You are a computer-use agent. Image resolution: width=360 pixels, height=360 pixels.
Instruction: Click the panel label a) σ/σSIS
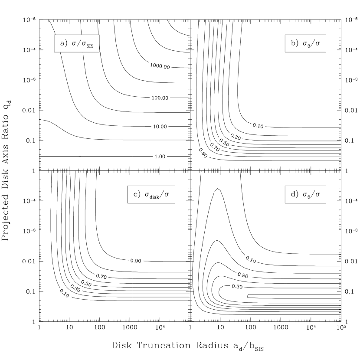[x=77, y=43]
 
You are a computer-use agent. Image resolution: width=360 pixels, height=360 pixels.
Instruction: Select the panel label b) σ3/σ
[x=305, y=43]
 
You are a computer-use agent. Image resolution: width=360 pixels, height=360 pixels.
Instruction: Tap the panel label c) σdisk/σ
[x=151, y=195]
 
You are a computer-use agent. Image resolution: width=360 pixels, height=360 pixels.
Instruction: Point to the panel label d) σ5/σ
[x=305, y=195]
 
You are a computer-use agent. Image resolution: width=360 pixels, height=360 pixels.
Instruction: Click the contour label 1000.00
[x=160, y=66]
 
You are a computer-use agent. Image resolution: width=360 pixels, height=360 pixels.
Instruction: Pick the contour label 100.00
[x=160, y=98]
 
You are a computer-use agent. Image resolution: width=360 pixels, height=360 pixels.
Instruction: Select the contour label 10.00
[x=160, y=127]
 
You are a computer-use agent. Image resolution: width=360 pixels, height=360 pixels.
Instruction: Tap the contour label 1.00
[x=160, y=157]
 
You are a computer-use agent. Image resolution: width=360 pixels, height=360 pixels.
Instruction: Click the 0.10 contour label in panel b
[x=258, y=126]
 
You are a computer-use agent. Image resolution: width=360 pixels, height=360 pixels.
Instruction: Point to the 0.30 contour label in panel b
[x=236, y=137]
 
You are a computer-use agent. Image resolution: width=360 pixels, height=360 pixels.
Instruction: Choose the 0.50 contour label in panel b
[x=224, y=142]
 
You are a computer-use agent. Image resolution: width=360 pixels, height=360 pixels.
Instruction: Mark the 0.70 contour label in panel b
[x=215, y=147]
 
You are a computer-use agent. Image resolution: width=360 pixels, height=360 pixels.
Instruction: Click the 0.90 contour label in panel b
[x=203, y=153]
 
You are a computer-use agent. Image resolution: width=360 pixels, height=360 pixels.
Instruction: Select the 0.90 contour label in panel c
[x=136, y=261]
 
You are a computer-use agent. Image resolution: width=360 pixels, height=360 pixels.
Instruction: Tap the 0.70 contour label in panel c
[x=101, y=276]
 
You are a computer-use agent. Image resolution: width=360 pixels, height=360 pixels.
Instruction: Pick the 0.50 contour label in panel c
[x=86, y=284]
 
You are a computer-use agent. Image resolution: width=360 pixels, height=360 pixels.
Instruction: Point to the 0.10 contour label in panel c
[x=64, y=294]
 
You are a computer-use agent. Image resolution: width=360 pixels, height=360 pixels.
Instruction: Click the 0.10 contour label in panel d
[x=251, y=260]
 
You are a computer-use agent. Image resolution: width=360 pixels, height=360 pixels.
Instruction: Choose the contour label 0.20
[x=243, y=275]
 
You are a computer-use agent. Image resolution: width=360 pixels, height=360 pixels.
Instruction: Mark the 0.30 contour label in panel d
[x=237, y=287]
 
